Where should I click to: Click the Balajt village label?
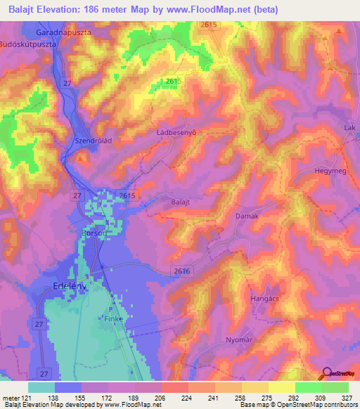pos(181,202)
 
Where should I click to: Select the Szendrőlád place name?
pos(94,141)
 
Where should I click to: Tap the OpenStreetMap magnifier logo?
pos(326,372)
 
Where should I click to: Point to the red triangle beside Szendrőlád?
pos(83,158)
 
